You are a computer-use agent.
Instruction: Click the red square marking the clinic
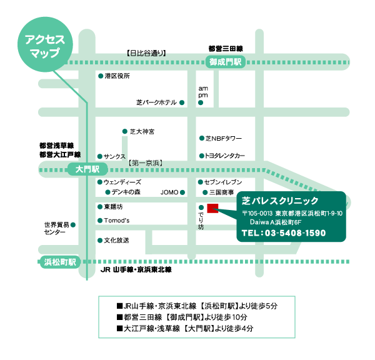pos(212,208)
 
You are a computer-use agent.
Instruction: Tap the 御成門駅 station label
pos(226,62)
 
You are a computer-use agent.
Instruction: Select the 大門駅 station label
pos(87,169)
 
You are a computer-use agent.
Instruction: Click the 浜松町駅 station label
pos(60,262)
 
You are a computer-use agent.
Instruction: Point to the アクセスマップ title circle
pos(45,44)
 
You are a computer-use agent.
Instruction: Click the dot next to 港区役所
pos(101,76)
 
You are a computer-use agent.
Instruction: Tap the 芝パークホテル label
pos(157,102)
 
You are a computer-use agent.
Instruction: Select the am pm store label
pos(203,92)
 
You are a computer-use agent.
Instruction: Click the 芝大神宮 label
pos(142,131)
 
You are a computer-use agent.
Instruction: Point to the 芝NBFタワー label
pos(224,139)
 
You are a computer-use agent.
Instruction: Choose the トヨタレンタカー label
pos(225,156)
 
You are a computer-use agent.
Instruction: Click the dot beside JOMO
pos(182,192)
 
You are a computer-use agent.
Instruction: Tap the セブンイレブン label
pos(223,182)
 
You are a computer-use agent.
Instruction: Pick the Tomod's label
pos(117,220)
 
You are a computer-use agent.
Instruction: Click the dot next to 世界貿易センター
pos(73,225)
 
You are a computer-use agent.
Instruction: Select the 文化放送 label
pos(116,241)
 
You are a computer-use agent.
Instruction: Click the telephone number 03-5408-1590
pos(295,232)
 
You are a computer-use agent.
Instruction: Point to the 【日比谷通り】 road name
pos(146,53)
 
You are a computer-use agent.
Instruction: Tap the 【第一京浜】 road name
pos(146,163)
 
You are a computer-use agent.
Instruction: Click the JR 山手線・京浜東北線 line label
pos(136,270)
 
